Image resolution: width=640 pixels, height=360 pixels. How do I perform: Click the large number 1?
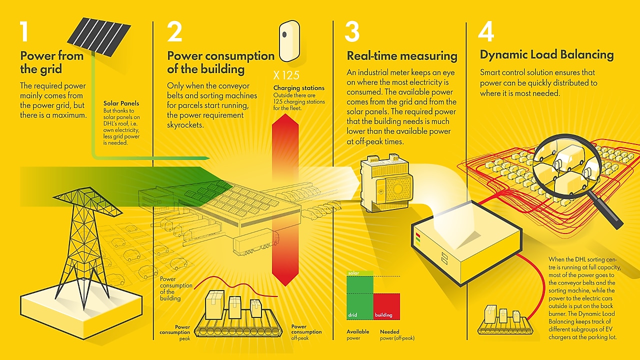click(x=25, y=31)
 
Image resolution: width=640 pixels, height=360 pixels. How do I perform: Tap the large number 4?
click(x=486, y=31)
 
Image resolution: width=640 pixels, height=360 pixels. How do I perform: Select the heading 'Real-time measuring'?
click(x=402, y=55)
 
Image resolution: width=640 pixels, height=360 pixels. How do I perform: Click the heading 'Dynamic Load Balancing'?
click(x=546, y=54)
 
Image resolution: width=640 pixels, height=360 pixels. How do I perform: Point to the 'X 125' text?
click(x=286, y=76)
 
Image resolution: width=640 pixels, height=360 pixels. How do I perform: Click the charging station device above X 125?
click(x=289, y=40)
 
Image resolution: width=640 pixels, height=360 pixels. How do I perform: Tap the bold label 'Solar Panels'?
click(x=121, y=103)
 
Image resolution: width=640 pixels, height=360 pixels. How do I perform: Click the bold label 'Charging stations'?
click(x=298, y=88)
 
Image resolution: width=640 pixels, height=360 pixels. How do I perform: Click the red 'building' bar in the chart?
click(x=386, y=306)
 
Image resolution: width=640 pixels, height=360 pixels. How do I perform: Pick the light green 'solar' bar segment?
click(x=360, y=273)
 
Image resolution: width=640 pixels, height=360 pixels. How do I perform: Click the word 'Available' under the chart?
click(x=358, y=331)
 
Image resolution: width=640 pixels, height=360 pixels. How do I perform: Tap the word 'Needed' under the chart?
click(x=389, y=331)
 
